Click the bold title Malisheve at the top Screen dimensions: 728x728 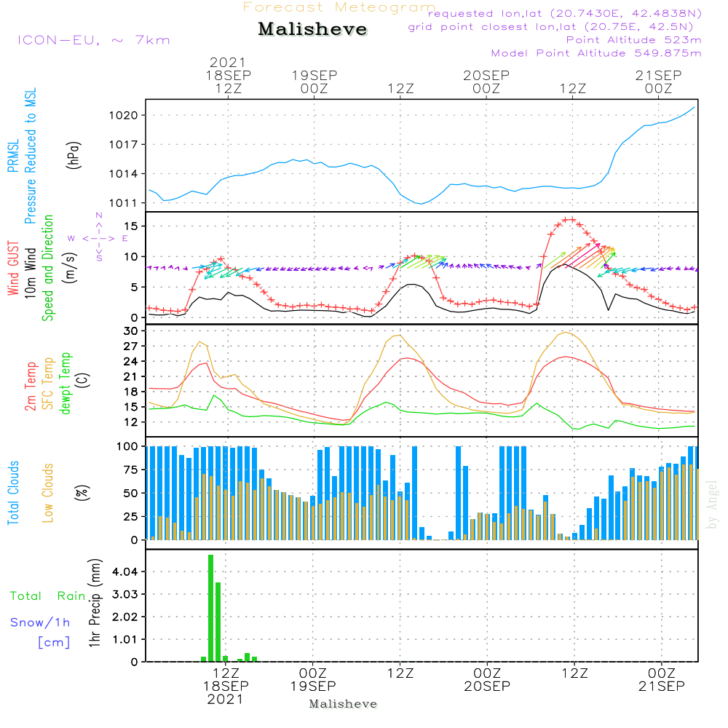[312, 30]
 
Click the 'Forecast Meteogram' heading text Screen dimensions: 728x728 [339, 7]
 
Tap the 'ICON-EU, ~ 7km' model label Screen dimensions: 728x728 [93, 40]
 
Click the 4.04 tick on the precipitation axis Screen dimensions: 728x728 [126, 572]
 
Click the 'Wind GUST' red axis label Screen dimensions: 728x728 [13, 269]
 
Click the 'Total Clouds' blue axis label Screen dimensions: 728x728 [13, 493]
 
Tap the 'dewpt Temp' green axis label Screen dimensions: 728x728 [66, 384]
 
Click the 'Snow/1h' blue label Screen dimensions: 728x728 [41, 622]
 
